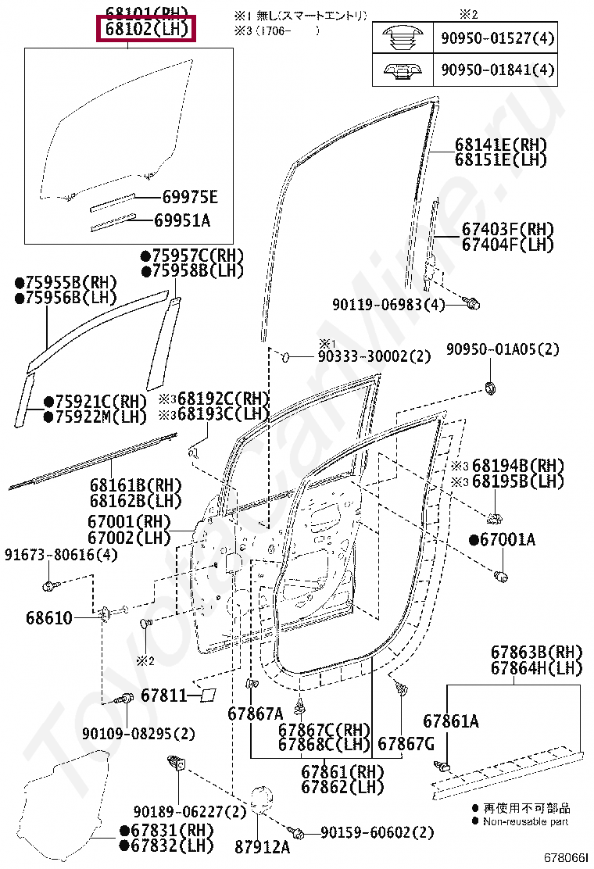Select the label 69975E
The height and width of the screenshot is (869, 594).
click(x=185, y=197)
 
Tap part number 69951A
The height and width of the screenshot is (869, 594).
click(x=181, y=221)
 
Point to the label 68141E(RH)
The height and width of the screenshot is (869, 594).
click(x=500, y=145)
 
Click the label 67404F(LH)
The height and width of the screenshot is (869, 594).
click(x=506, y=245)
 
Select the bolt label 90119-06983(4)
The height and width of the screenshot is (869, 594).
click(x=388, y=304)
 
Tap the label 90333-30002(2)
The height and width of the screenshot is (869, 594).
click(x=374, y=356)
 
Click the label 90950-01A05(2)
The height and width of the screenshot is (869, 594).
click(x=503, y=349)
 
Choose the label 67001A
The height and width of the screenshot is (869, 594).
click(x=507, y=540)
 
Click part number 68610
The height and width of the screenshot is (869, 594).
click(x=48, y=618)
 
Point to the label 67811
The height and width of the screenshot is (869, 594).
click(x=163, y=695)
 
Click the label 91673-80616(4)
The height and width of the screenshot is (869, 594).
click(x=60, y=555)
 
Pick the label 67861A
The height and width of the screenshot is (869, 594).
click(x=451, y=721)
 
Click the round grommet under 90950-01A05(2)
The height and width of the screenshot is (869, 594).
click(x=492, y=387)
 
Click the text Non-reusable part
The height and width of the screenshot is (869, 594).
click(x=525, y=821)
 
